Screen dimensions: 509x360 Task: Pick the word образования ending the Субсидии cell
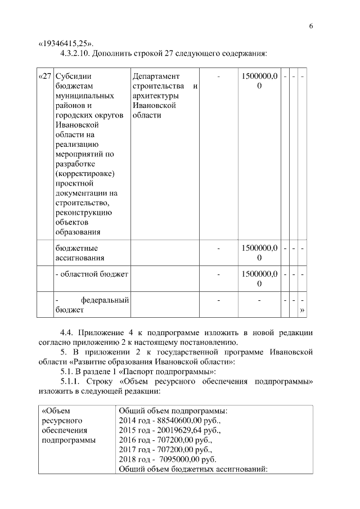pos(78,232)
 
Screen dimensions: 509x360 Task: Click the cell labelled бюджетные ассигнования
pos(79,253)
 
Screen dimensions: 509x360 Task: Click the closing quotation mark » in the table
pos(303,309)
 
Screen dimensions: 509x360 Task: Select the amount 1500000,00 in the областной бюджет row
pos(259,278)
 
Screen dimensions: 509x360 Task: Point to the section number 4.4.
pos(67,333)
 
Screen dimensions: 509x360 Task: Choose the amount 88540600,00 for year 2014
pos(182,420)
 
